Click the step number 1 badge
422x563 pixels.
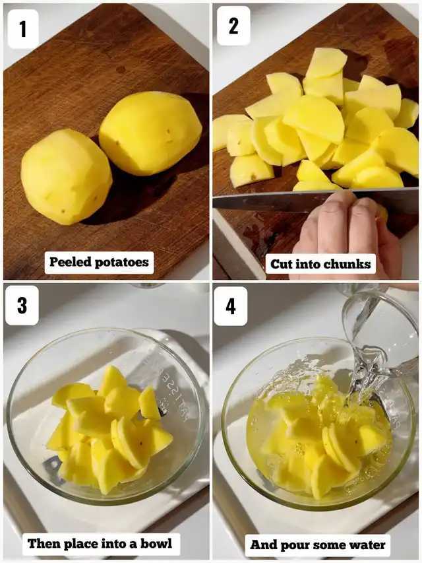click(22, 29)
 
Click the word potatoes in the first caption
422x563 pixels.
click(122, 263)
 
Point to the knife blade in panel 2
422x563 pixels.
click(277, 200)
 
